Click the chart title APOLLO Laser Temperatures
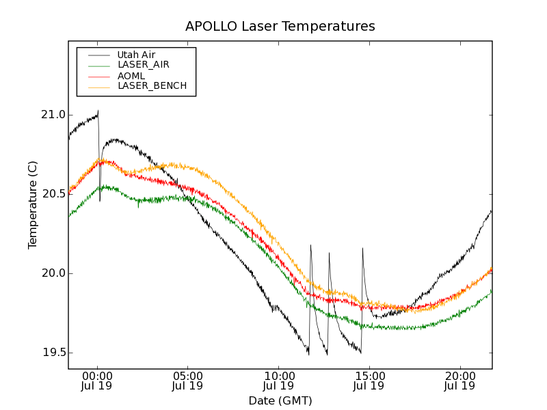(x=280, y=27)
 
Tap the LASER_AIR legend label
(x=143, y=65)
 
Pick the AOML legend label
(x=131, y=75)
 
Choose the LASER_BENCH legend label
(x=152, y=86)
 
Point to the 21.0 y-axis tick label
(x=52, y=115)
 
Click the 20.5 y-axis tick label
(x=52, y=194)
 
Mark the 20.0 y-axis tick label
(x=52, y=273)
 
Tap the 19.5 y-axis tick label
(x=52, y=353)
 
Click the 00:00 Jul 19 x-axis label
(x=97, y=381)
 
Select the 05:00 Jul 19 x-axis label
(x=188, y=381)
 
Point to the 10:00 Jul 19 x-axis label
(x=278, y=381)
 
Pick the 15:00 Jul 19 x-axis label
(x=369, y=381)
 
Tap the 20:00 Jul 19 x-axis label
(x=460, y=381)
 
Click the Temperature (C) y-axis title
(x=33, y=205)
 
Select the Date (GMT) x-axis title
(x=280, y=400)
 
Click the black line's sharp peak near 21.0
(x=98, y=111)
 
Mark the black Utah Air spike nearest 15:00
(x=362, y=249)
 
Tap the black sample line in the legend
(x=99, y=55)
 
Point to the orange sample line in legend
(x=99, y=86)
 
